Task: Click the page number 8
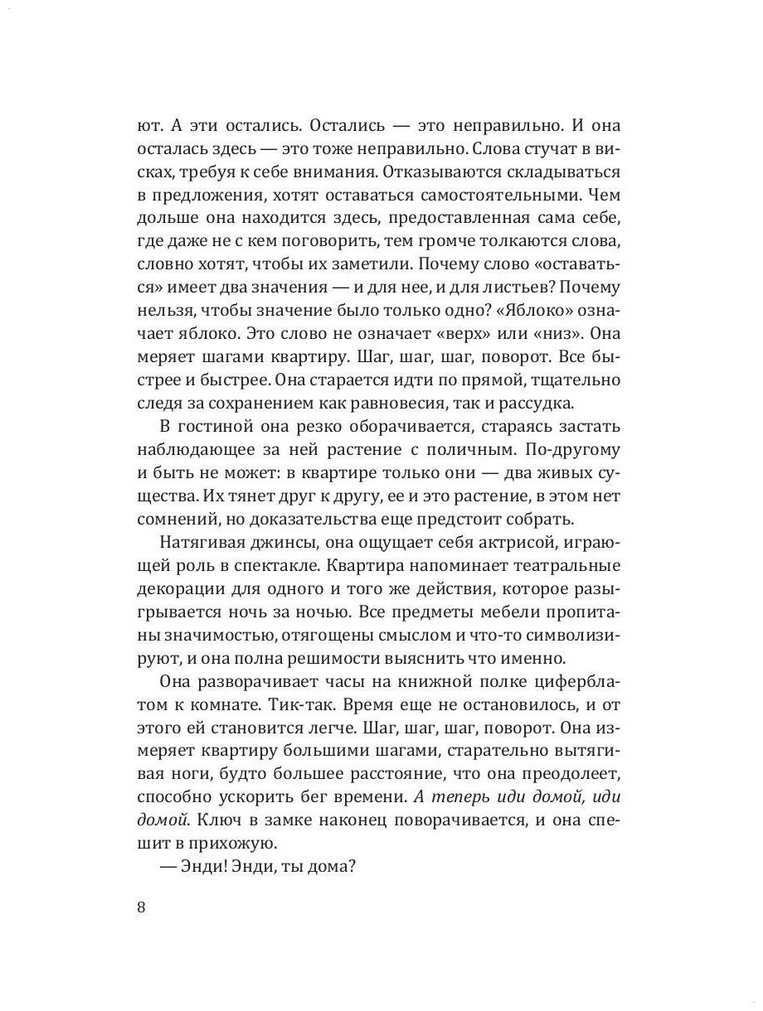coord(140,907)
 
